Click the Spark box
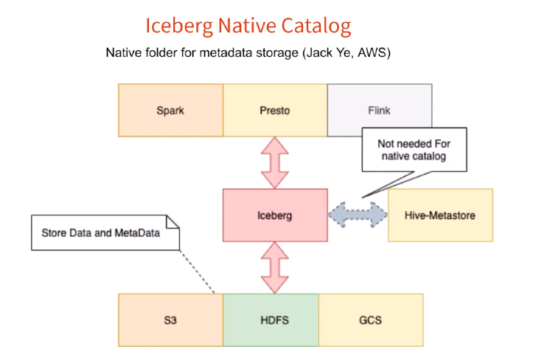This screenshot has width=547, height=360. [170, 110]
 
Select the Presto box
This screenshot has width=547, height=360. [275, 110]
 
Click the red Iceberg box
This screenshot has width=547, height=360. [275, 215]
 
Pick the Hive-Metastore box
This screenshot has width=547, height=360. [440, 215]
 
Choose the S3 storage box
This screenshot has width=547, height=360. [170, 321]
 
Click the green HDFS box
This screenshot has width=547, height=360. [271, 321]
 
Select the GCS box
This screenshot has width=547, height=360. [371, 321]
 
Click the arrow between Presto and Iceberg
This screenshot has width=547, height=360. [275, 162]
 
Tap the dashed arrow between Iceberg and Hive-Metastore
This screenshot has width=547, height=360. [358, 214]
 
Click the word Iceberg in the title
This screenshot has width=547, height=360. [178, 26]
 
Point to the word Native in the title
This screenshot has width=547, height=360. [247, 26]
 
